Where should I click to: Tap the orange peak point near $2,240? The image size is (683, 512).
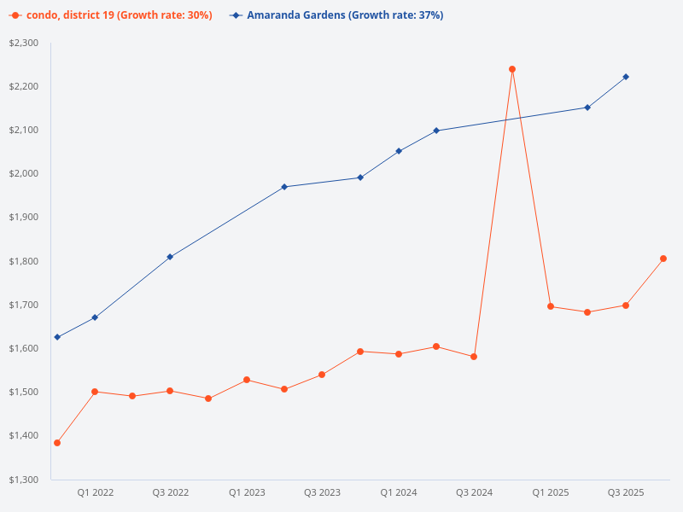tap(512, 69)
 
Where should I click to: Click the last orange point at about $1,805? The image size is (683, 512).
tap(663, 259)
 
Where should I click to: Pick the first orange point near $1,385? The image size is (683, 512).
tap(57, 443)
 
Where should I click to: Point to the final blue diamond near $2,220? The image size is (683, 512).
tap(626, 77)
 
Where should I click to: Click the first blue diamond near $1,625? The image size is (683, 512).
tap(57, 337)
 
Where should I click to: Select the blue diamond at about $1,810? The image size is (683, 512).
tap(170, 257)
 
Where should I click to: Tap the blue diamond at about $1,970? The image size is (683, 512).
tap(284, 187)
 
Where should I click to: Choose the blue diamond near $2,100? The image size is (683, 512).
tap(436, 131)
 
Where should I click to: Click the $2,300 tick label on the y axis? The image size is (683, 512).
tap(24, 43)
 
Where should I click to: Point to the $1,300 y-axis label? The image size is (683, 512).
tap(24, 480)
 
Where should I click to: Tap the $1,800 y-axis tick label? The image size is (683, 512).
tap(24, 261)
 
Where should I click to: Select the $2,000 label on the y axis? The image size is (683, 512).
tap(24, 174)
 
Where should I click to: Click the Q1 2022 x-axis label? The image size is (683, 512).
tap(95, 492)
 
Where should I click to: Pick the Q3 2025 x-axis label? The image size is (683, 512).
tap(626, 492)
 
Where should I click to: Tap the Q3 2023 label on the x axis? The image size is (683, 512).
tap(322, 492)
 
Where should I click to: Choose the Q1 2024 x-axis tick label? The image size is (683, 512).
tap(399, 492)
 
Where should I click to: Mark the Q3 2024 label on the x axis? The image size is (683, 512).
tap(474, 492)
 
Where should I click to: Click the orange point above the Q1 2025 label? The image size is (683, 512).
tap(551, 306)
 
